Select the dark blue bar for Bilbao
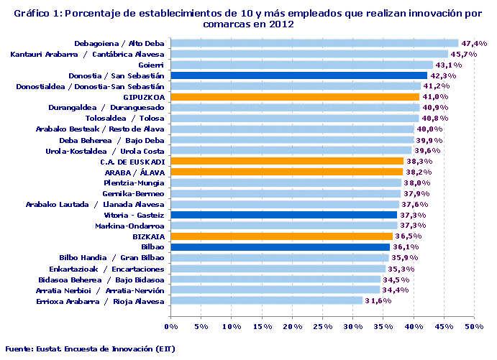[x=280, y=247]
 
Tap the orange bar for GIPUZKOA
[x=295, y=97]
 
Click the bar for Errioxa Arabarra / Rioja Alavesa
[x=267, y=300]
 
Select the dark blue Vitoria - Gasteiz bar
[x=283, y=215]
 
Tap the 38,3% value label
[x=419, y=162]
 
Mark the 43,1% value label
[x=468, y=65]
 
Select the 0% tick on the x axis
[x=171, y=327]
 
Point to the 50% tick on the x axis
[x=473, y=327]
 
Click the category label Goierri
[x=150, y=65]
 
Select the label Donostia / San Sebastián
[x=117, y=75]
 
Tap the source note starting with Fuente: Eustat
[x=89, y=349]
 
